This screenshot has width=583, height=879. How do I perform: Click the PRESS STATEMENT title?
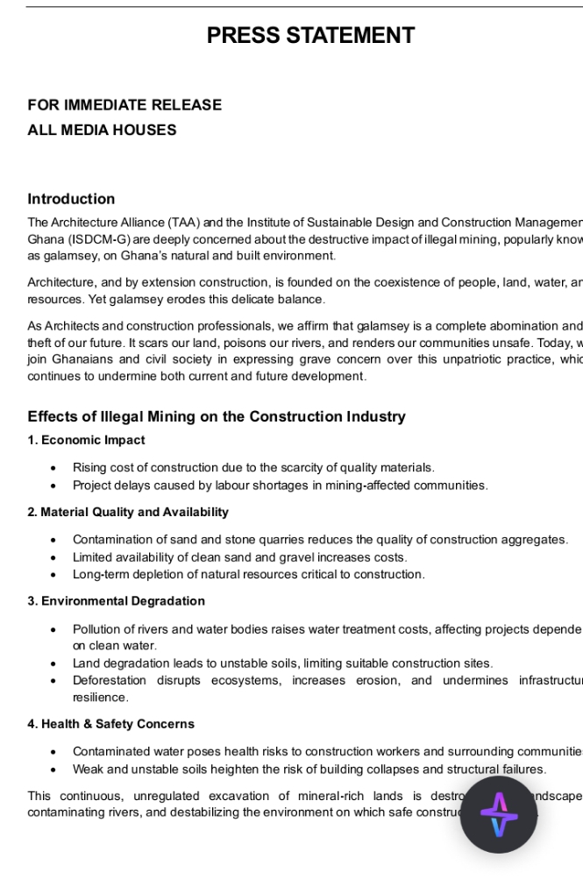[310, 36]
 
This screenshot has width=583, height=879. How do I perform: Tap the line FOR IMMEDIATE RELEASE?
[124, 105]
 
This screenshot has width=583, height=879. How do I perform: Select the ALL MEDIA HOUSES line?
[102, 130]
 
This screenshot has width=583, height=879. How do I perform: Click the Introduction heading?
[71, 199]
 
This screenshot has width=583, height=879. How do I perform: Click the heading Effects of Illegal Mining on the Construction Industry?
[217, 416]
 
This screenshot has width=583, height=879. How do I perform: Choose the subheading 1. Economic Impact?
[86, 440]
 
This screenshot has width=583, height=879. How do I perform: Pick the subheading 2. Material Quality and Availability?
[128, 512]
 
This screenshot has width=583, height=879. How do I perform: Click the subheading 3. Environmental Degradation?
[116, 601]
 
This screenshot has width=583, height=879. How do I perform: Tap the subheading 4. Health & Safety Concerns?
[110, 724]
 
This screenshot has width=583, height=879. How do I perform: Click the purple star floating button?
[498, 815]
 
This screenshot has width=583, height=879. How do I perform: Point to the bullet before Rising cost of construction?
[54, 468]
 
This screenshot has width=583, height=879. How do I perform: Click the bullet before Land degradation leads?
[54, 663]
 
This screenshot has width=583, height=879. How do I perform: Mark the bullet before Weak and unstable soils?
[54, 769]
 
